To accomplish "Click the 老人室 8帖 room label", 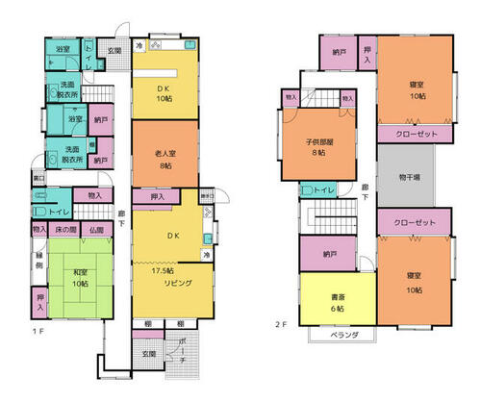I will (164, 158).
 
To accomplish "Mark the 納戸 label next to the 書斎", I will (330, 255).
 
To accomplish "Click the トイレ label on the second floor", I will (324, 190).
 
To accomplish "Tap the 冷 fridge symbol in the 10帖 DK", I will (139, 46).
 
